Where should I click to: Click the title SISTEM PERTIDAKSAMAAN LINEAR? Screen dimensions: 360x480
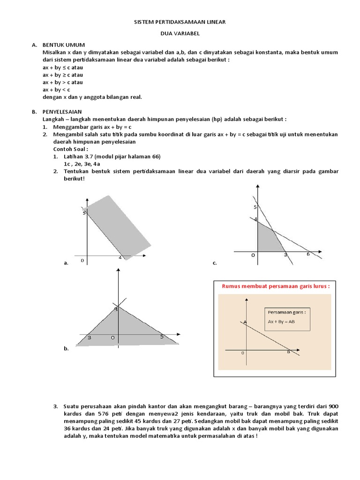(180, 22)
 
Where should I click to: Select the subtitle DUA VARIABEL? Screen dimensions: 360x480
(180, 33)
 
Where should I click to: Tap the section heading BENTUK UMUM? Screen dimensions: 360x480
(64, 45)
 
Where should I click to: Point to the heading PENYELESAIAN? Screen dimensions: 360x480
(62, 112)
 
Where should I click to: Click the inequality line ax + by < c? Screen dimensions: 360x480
(56, 90)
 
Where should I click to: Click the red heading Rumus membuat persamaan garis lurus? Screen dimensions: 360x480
(276, 286)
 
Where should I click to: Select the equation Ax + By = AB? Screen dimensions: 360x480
(281, 322)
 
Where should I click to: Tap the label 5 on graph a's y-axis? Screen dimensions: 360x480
(84, 212)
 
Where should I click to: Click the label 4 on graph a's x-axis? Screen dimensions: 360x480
(120, 258)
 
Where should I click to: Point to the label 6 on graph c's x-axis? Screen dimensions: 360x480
(308, 254)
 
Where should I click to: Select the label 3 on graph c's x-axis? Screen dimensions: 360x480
(285, 255)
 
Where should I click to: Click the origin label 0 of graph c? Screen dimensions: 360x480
(253, 255)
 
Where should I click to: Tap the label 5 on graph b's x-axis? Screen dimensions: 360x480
(162, 337)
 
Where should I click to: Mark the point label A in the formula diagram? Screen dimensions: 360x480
(245, 322)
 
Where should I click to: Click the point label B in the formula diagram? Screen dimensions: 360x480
(288, 352)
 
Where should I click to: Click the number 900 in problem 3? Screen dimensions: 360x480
(333, 406)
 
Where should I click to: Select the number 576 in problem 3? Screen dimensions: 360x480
(104, 414)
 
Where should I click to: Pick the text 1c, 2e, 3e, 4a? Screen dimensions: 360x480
(82, 164)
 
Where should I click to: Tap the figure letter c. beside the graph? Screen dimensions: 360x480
(215, 263)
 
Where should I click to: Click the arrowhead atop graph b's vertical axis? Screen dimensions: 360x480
(118, 270)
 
